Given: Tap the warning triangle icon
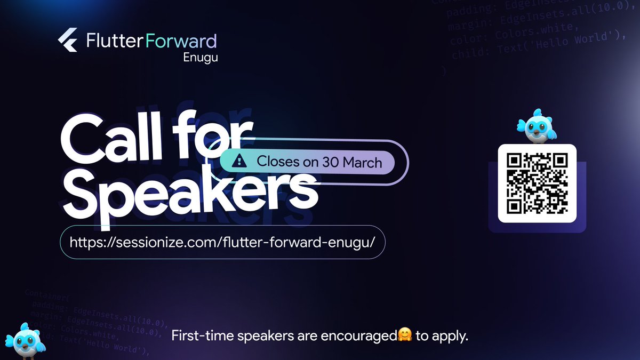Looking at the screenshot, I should point(241,161).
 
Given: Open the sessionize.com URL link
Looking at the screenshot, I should point(223,241).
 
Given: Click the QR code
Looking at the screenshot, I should point(537,183).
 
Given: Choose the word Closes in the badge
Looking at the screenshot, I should point(277,162).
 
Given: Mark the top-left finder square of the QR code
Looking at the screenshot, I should point(515,162).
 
